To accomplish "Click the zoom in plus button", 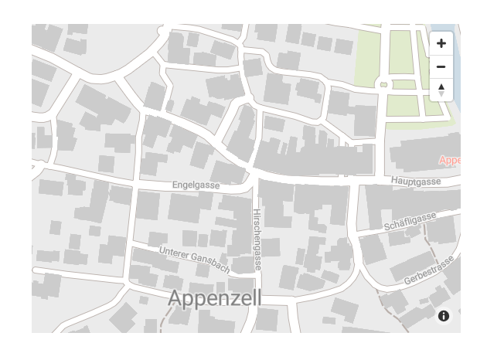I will pos(441,43).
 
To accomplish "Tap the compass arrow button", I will pos(441,90).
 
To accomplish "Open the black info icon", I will pos(444,316).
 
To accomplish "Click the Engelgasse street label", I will pos(196,185).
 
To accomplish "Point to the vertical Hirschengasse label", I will pos(257,238).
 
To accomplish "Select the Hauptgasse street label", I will pos(415,181).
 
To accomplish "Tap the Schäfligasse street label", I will pos(410,221).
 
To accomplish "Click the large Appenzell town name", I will pos(215,298).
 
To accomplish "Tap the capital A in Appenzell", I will pos(175,298).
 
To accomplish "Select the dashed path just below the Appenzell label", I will pos(165,321).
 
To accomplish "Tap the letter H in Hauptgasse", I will pos(394,182).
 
